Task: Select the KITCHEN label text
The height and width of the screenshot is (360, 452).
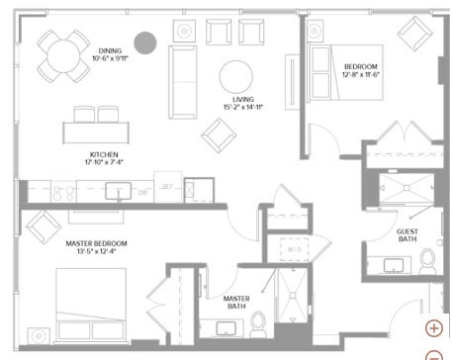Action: (104, 155)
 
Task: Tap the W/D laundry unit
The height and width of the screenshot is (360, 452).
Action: (293, 250)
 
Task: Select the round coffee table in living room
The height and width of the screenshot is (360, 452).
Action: (237, 76)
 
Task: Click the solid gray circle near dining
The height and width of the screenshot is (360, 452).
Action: (146, 43)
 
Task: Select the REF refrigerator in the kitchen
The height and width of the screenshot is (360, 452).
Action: (168, 187)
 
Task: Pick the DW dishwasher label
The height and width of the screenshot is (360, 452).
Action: (143, 192)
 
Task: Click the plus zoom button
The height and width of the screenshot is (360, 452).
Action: (433, 328)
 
